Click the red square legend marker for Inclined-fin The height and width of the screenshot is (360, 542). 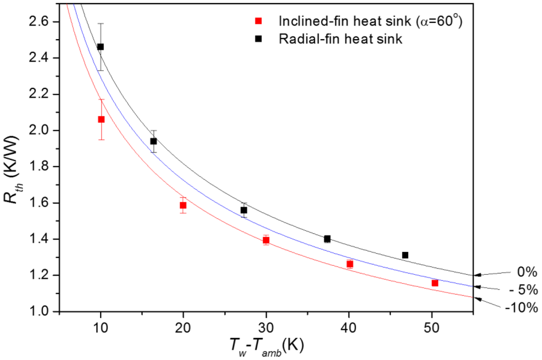coord(259,21)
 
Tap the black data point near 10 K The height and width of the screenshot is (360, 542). coord(101,47)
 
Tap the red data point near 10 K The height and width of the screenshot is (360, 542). coord(101,119)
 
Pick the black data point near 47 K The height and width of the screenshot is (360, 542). coord(405,255)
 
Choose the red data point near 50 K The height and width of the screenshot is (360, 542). coord(435,283)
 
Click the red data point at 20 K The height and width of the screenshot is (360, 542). coord(183,205)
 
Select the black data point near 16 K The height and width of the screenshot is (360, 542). coord(153,141)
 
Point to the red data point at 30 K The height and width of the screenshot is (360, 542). coord(266,240)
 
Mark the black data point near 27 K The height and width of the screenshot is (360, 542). coord(244,210)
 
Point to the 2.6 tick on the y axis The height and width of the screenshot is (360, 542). coord(44,22)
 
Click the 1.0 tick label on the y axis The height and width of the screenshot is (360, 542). coord(44,311)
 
